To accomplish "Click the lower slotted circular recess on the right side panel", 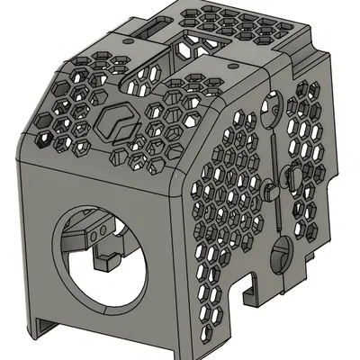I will [281, 256].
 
